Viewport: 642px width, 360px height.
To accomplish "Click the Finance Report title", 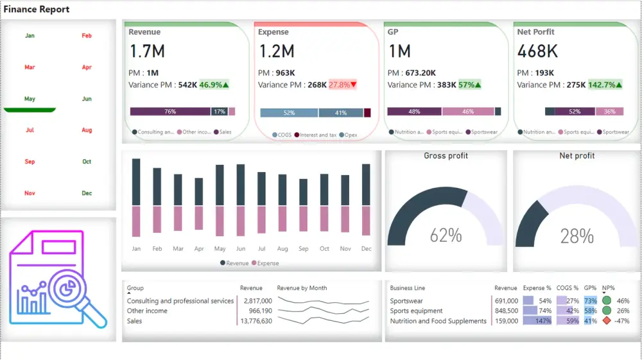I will [37, 10].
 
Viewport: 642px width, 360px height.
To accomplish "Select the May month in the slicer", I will [30, 99].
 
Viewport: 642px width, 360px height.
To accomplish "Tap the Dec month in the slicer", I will [87, 193].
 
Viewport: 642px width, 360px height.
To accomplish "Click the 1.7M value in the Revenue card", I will [147, 51].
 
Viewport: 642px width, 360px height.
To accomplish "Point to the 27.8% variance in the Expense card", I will [342, 85].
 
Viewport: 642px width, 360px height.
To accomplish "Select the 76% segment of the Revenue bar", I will [170, 112].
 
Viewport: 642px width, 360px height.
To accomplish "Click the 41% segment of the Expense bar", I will [341, 113].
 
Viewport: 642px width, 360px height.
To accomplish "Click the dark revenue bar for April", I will [199, 191].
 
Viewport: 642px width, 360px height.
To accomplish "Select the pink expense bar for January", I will [136, 221].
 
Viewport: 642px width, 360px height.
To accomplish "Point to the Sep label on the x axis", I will [304, 249].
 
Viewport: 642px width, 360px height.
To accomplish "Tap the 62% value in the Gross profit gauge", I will [446, 236].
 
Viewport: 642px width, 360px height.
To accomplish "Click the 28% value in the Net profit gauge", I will [577, 236].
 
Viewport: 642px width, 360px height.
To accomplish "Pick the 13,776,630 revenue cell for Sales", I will [256, 321].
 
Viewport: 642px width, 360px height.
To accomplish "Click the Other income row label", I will [147, 311].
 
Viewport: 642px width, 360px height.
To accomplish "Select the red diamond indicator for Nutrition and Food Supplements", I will [606, 321].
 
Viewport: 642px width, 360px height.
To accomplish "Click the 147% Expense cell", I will [538, 321].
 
